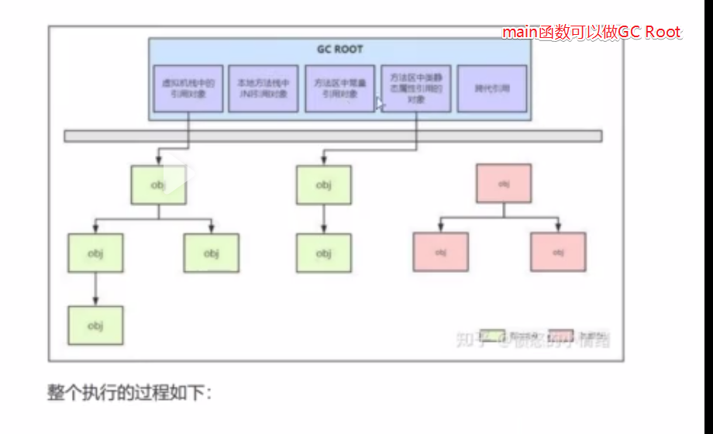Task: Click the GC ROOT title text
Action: click(339, 49)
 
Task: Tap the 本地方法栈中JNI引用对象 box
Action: click(263, 88)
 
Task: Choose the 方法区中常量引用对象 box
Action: click(339, 88)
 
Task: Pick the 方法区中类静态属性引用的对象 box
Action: click(415, 88)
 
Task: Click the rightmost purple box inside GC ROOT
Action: click(491, 88)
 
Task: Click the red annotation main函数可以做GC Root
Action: click(591, 33)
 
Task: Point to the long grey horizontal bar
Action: click(332, 136)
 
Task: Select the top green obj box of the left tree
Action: click(158, 185)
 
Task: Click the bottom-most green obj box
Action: click(95, 325)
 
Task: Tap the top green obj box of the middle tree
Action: click(323, 185)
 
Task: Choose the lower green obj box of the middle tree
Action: click(323, 253)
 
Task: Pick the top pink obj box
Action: click(504, 184)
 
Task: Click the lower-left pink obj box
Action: click(441, 252)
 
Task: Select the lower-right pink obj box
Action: click(558, 252)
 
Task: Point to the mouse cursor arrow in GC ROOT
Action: click(380, 103)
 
